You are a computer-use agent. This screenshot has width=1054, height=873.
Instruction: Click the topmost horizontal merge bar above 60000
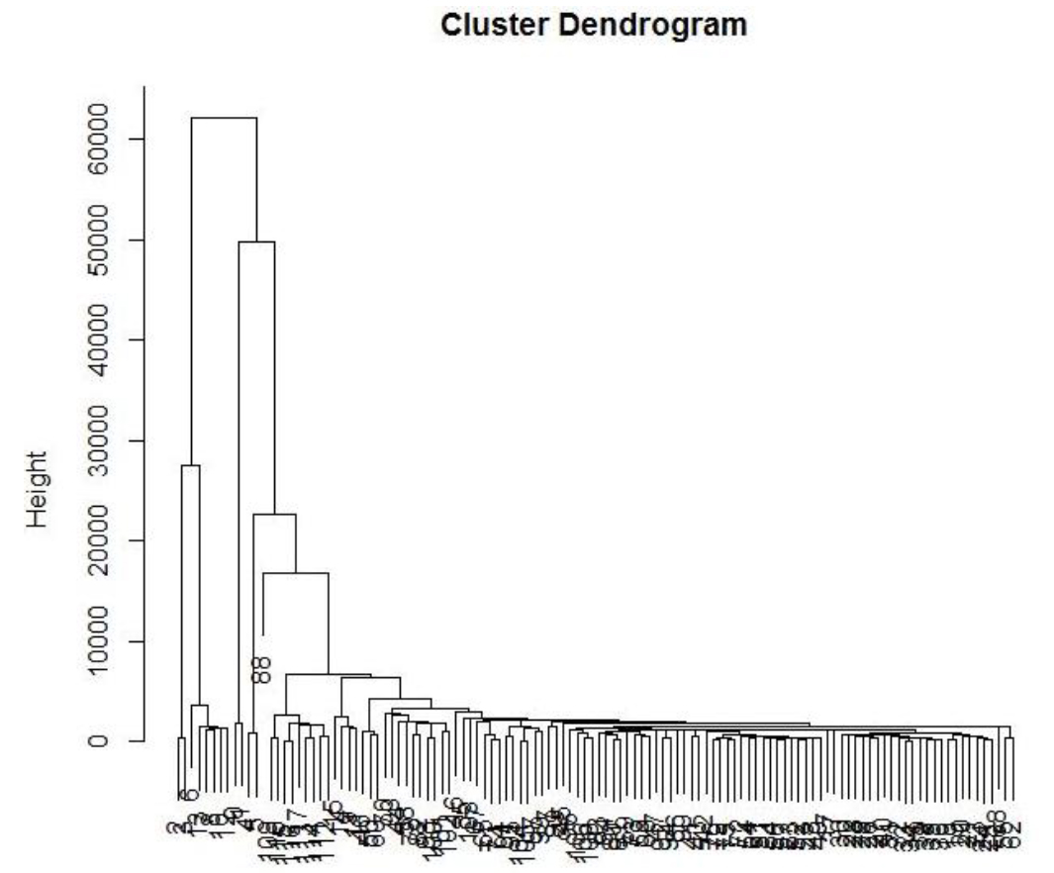pyautogui.click(x=224, y=118)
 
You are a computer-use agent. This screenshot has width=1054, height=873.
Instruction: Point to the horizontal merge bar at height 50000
pyautogui.click(x=256, y=242)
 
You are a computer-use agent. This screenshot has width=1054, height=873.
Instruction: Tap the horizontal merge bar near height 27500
pyautogui.click(x=191, y=465)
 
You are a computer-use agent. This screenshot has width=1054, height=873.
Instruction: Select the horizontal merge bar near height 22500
pyautogui.click(x=274, y=515)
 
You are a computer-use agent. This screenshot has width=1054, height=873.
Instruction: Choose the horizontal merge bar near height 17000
pyautogui.click(x=296, y=573)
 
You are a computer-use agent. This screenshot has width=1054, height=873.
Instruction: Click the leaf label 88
pyautogui.click(x=261, y=670)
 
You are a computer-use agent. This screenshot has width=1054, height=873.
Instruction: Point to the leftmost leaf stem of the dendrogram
pyautogui.click(x=179, y=767)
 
